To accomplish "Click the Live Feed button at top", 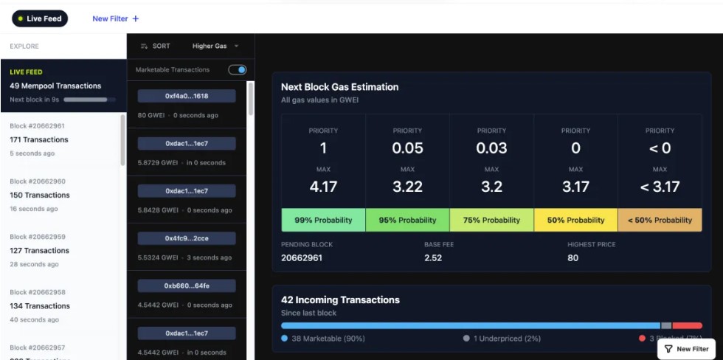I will (x=39, y=18).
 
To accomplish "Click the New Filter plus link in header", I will (x=115, y=18).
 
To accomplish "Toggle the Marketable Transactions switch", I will (x=237, y=69).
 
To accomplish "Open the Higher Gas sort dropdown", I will (x=215, y=46).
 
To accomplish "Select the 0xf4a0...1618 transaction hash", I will (x=187, y=96).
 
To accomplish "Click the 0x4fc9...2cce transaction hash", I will (x=187, y=238).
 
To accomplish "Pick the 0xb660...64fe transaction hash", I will (x=187, y=285).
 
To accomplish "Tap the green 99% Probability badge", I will (x=323, y=220).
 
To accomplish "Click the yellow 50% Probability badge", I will (x=575, y=220).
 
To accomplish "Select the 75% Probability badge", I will (x=491, y=220).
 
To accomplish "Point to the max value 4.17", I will (x=323, y=187).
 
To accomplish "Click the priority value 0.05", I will (x=407, y=148).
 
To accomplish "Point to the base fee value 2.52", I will (x=433, y=257).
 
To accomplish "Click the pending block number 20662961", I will (x=302, y=257).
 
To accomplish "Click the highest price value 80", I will (x=573, y=257).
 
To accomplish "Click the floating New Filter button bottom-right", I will (x=686, y=349).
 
